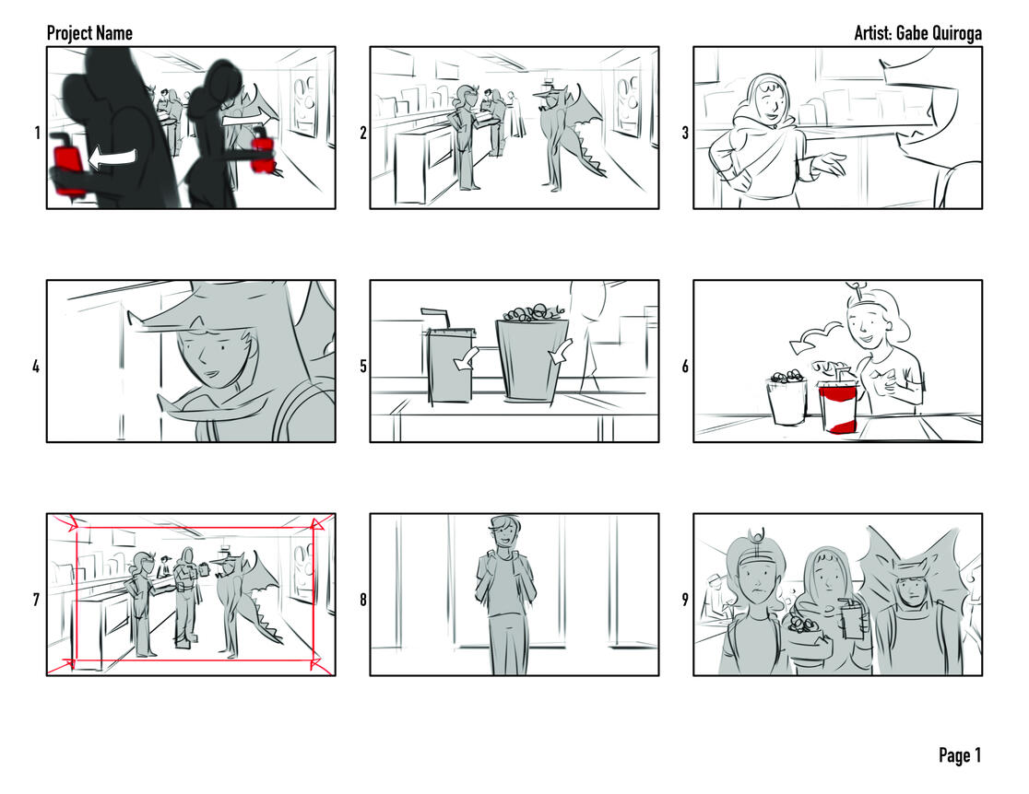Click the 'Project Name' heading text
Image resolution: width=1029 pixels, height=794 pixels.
[x=89, y=33]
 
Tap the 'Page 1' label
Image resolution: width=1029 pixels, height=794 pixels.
[x=960, y=755]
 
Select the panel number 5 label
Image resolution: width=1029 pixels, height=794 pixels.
[x=363, y=366]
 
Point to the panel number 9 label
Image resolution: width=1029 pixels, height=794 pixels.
[x=685, y=600]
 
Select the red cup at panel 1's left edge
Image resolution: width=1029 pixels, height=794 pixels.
[x=67, y=168]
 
